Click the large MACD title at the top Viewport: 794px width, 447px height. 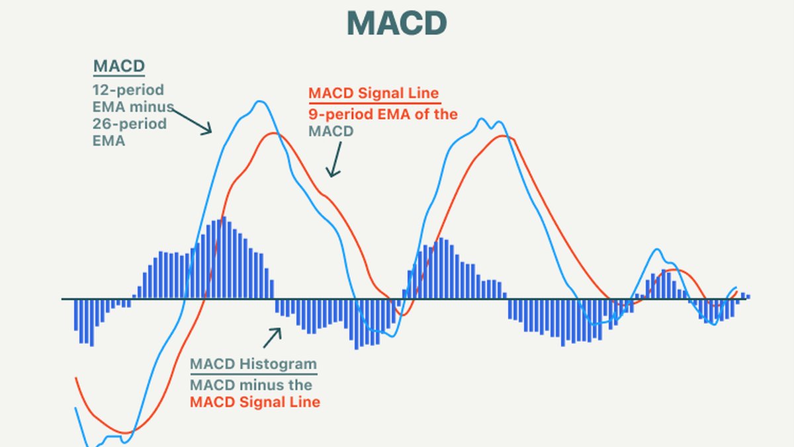397,24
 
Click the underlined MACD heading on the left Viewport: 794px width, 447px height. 118,67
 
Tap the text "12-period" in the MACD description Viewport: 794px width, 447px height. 128,89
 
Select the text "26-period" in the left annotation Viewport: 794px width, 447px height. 130,124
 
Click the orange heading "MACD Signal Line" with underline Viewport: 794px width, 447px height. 374,93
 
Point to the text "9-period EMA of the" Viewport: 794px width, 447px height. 383,114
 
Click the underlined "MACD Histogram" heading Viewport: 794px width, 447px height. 253,364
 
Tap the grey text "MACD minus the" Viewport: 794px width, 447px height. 251,385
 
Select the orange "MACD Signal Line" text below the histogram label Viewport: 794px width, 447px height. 255,402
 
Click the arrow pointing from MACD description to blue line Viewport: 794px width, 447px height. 192,121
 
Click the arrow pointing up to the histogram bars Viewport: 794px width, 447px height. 272,337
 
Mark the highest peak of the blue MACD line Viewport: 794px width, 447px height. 260,102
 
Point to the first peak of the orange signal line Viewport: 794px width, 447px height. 273,134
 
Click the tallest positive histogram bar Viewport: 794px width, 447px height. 224,258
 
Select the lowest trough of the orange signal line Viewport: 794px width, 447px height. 122,433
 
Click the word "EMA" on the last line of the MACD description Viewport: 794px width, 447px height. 109,140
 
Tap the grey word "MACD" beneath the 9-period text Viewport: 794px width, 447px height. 331,132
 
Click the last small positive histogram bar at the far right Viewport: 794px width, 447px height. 748,297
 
